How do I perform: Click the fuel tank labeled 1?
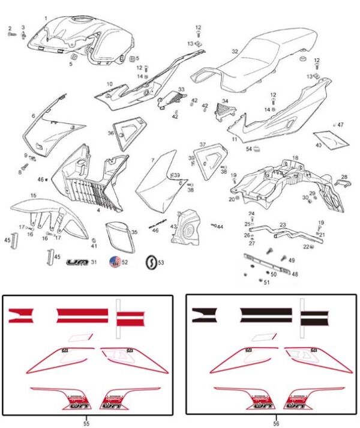78,36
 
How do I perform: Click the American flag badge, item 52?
115,262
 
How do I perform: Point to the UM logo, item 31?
76,262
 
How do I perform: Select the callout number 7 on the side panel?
153,160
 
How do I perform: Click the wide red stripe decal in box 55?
82,313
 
